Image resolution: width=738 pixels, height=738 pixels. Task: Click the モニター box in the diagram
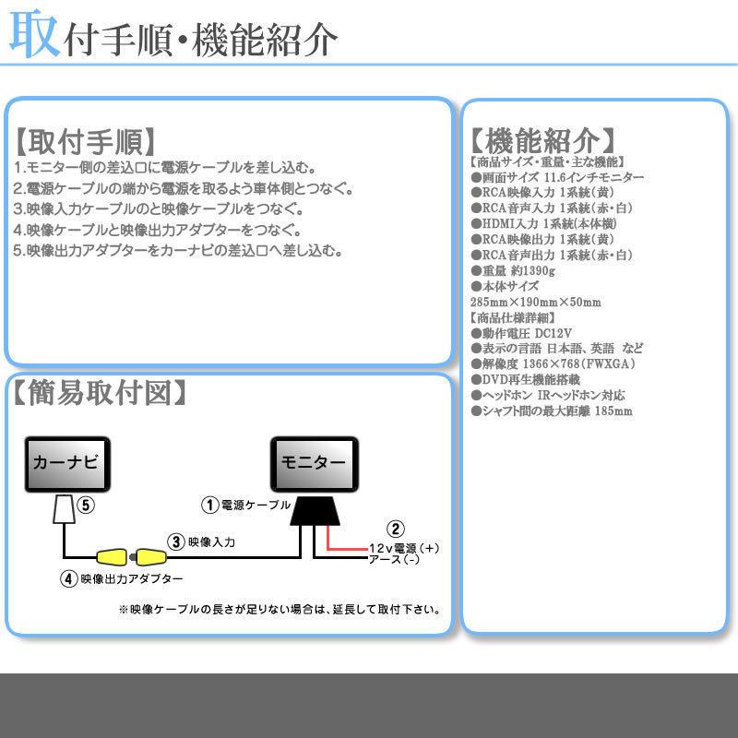coord(313,462)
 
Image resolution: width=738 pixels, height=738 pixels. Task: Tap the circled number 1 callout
coord(210,505)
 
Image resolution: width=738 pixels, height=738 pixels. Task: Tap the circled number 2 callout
coord(396,529)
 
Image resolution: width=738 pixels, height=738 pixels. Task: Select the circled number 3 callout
coord(174,542)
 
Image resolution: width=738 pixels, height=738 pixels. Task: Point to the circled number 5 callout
coord(85,505)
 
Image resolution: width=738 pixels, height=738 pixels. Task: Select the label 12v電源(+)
coord(403,548)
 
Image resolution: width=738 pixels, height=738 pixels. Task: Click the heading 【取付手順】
coord(84,143)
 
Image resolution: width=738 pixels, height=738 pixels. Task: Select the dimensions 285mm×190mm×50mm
coord(535,303)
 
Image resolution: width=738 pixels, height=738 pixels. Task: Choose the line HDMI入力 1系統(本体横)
coord(544,223)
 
